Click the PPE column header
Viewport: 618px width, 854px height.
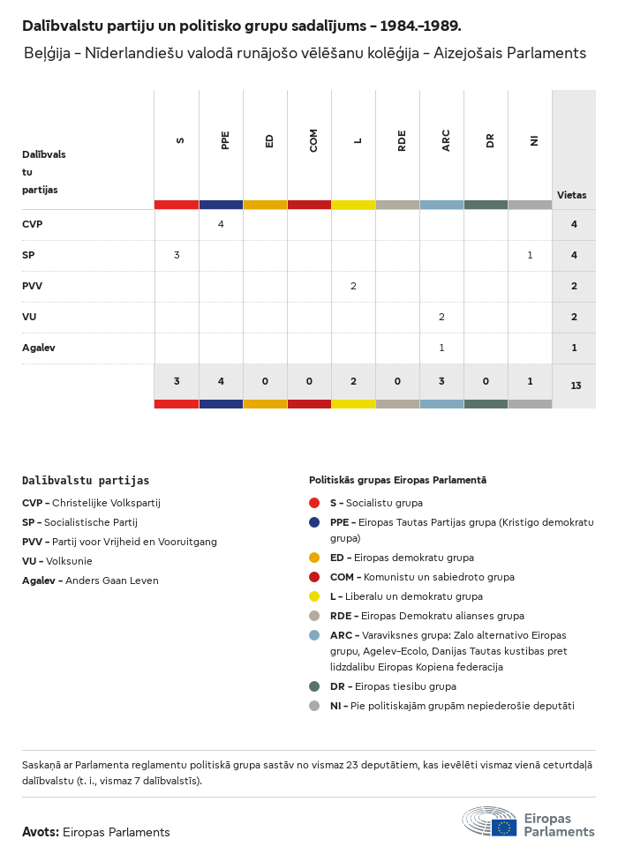[225, 140]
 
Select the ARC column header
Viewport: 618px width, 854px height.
[446, 140]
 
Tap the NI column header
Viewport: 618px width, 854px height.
[534, 140]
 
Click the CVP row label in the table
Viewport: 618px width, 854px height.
[33, 224]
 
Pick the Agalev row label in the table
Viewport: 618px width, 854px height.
[39, 348]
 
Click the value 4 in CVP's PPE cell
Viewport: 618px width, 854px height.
[221, 224]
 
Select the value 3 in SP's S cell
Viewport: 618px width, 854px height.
[177, 255]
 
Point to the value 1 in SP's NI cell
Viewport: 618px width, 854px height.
[530, 255]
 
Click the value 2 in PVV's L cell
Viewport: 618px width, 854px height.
[353, 286]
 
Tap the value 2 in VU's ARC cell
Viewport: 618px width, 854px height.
[441, 317]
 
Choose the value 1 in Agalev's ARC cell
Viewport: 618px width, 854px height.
[441, 348]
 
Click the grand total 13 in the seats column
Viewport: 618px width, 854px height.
[576, 386]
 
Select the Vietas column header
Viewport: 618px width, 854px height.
[571, 195]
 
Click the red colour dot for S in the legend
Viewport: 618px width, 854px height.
[314, 503]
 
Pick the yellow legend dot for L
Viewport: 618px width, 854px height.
[314, 596]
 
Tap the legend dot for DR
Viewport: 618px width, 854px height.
[314, 686]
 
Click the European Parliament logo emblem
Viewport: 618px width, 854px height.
[490, 821]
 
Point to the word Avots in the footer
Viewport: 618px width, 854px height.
[40, 832]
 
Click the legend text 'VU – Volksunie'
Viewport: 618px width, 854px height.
[57, 561]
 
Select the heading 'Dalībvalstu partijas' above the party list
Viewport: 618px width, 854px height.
[86, 481]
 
